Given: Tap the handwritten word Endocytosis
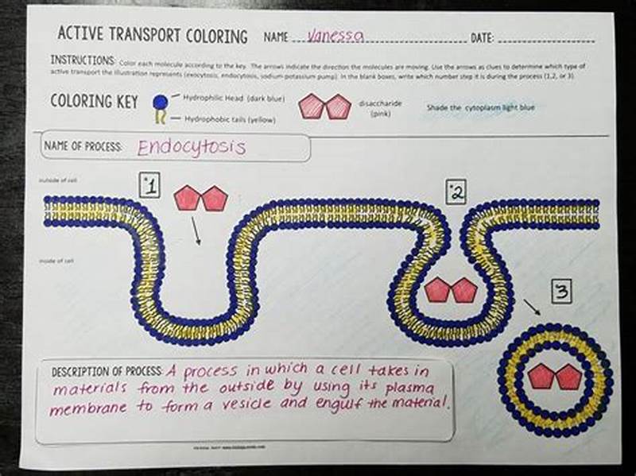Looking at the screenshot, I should pos(192,147).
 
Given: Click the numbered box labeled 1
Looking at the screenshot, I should pos(150,187).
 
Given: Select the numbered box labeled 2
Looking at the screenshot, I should pos(456,192).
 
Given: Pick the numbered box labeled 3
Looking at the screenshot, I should pos(560,292).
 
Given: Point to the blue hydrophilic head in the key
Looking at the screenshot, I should pos(160,101).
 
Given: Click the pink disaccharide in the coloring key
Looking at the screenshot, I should pos(324,106).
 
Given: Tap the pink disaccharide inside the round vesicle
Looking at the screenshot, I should pos(554,376).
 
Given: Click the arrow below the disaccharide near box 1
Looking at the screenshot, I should pos(195,231).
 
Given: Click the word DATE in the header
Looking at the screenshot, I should pos(482,37).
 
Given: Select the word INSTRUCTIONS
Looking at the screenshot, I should pos(83,60).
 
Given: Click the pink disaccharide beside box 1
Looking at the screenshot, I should pos(200,198).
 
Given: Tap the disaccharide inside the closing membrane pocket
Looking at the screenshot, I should pos(450,290).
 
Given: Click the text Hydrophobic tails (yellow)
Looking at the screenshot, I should pos(230,118).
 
